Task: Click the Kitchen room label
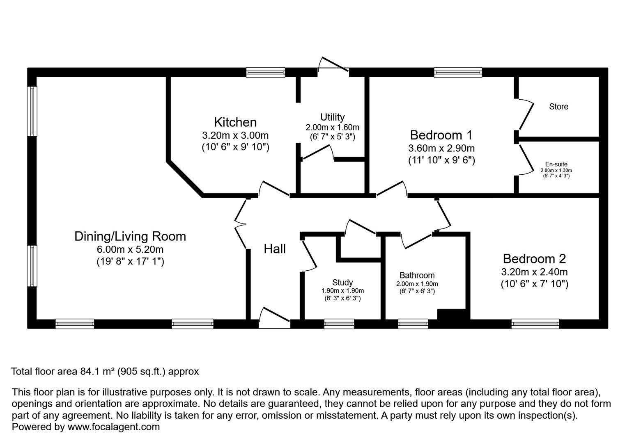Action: (x=235, y=122)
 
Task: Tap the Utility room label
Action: (x=332, y=117)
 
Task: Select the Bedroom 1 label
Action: (x=441, y=135)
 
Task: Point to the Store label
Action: (x=558, y=107)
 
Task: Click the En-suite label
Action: (x=556, y=164)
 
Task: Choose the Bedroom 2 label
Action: (x=534, y=259)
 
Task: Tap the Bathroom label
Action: (x=417, y=275)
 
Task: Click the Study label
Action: (x=342, y=282)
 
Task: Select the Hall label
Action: (x=275, y=249)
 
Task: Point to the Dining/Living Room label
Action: (x=130, y=236)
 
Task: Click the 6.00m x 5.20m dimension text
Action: (x=130, y=249)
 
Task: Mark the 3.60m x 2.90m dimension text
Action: (x=441, y=148)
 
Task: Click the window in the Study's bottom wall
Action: (x=339, y=324)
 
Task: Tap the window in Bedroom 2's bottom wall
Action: (x=535, y=324)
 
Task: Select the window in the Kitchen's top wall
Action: (x=265, y=73)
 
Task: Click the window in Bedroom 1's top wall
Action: (x=458, y=73)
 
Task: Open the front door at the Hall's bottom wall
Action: (x=274, y=318)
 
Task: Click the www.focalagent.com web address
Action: (x=113, y=427)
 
